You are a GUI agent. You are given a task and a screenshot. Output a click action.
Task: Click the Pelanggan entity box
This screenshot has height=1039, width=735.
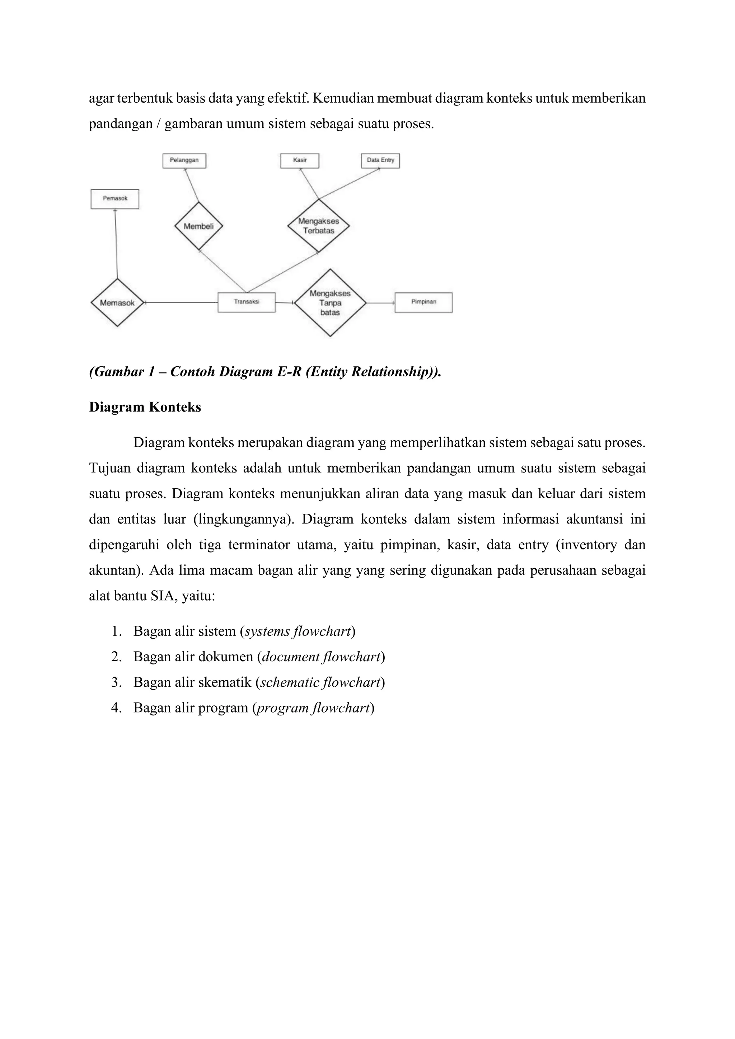click(184, 161)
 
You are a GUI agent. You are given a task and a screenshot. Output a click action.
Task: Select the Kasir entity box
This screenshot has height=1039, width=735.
click(300, 161)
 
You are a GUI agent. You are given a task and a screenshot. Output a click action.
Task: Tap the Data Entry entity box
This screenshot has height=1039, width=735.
click(380, 161)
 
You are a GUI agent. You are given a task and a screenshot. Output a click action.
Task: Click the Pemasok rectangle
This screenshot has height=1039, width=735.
click(115, 199)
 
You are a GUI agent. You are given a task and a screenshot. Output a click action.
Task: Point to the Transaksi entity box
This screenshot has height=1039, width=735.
click(247, 302)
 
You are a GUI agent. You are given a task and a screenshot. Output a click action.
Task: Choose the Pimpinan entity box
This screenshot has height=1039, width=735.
click(423, 302)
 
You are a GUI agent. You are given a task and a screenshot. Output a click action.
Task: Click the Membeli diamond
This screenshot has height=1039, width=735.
click(199, 226)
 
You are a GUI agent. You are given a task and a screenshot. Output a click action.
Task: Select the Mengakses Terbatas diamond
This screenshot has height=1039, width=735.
click(319, 226)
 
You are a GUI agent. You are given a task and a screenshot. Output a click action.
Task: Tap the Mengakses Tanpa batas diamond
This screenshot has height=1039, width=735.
click(330, 303)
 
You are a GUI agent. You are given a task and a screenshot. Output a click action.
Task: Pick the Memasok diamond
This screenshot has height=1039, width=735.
click(117, 303)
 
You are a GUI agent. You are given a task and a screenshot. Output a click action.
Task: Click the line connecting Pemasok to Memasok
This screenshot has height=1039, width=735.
click(116, 244)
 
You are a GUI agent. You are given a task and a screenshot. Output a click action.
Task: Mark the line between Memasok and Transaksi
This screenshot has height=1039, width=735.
click(181, 302)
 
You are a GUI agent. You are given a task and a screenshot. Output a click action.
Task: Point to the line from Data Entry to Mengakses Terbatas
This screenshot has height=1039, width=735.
click(348, 184)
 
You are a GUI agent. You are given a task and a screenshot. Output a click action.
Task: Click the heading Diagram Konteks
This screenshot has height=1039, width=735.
click(145, 407)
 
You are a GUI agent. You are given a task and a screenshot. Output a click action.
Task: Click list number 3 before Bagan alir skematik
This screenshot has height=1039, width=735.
click(116, 682)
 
